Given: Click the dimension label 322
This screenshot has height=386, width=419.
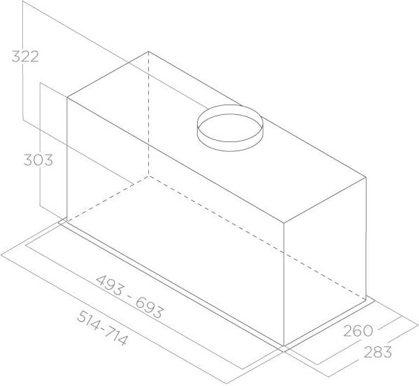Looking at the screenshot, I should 24,56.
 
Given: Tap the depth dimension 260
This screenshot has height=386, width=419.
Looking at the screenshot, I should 358,330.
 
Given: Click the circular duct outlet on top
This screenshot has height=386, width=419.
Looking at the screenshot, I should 230,126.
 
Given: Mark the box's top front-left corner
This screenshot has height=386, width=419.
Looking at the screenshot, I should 67,98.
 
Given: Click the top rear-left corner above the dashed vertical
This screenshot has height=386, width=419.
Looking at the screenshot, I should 149,51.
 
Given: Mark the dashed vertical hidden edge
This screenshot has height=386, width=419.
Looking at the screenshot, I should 149,111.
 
